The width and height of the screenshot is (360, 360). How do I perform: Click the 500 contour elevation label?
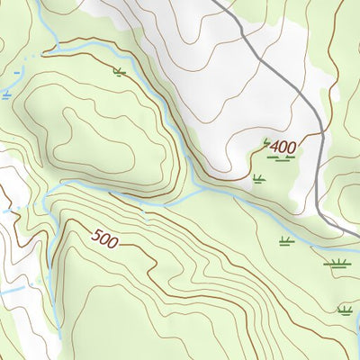pos(105,238)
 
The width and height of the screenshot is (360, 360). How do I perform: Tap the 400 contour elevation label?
pos(283,145)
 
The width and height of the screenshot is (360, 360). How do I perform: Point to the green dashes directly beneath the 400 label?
pos(283,158)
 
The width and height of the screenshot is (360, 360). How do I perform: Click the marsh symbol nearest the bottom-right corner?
pos(343,310)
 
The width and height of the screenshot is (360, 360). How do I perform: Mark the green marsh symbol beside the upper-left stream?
pos(119,71)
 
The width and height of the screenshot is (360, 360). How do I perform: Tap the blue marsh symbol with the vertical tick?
pos(7,94)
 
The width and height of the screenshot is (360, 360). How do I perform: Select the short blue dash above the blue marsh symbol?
pos(15,70)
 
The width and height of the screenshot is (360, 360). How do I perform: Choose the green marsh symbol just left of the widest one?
pos(286,240)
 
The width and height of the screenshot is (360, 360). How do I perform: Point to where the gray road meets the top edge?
pos(215,2)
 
